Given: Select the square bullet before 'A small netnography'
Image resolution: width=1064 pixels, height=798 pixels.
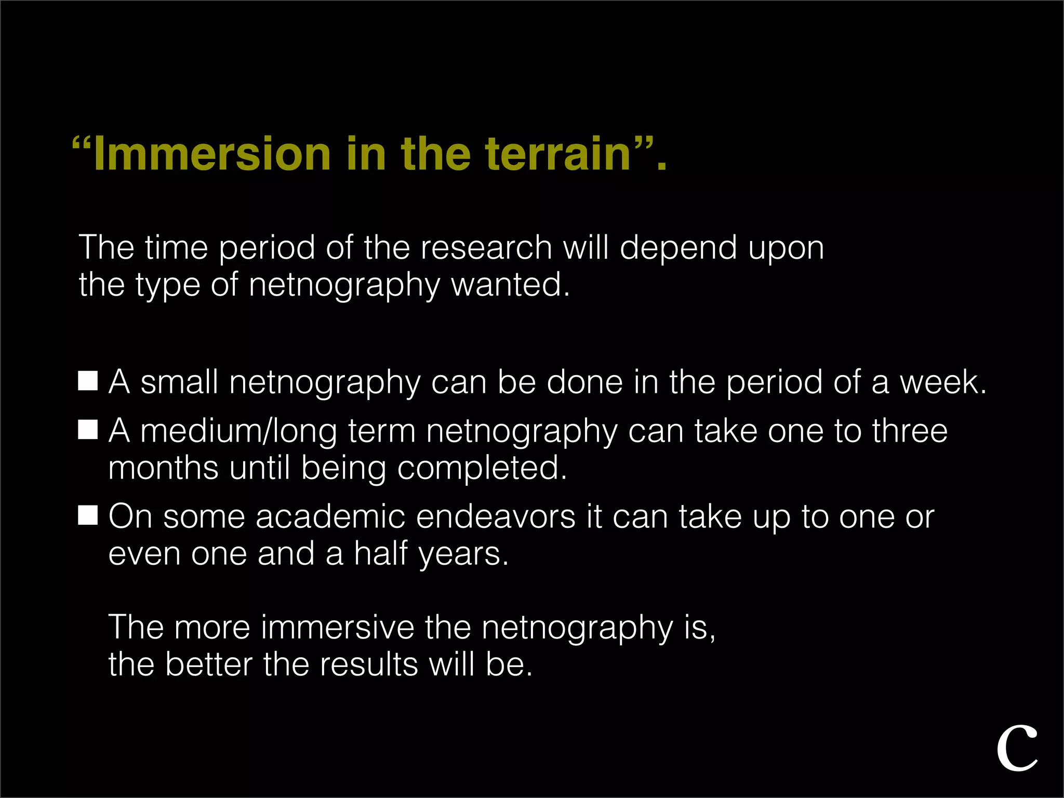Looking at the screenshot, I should pos(88,381).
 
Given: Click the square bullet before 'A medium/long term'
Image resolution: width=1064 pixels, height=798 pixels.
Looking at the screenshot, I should pos(88,430).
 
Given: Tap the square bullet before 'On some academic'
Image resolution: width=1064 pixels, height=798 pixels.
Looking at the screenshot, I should pos(88,515).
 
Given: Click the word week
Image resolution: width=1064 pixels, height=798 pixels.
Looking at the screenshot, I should pos(942,382).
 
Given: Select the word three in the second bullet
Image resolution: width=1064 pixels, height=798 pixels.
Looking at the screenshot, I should pos(910,431).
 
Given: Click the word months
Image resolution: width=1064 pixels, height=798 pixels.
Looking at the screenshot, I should pos(163,468).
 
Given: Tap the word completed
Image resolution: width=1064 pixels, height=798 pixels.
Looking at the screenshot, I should pos(482,468).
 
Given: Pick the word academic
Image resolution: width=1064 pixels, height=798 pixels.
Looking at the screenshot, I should pos(330,517).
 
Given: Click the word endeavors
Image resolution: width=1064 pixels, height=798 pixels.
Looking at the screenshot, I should pos(496,517).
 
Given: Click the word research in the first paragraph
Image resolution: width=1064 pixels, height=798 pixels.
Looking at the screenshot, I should pos(486,247).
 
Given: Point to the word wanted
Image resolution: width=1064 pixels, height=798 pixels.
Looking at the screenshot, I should pos(510,285).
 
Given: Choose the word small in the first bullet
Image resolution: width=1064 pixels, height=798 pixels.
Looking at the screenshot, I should pos(179,382).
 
